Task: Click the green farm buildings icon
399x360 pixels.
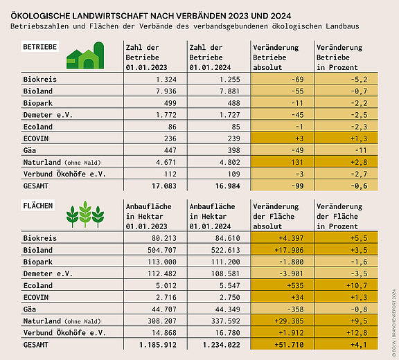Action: pos(85,55)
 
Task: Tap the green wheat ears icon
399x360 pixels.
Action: pos(85,215)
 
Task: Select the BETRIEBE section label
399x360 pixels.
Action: pos(40,47)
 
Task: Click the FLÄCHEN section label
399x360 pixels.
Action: pos(38,206)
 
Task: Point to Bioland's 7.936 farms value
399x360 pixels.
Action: pos(166,91)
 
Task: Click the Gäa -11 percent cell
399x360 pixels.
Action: pos(362,150)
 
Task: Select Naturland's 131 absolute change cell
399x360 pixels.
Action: pos(297,162)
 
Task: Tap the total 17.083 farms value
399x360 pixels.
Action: pos(164,186)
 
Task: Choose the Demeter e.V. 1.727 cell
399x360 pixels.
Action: pos(230,115)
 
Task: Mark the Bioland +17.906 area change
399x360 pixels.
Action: pos(289,250)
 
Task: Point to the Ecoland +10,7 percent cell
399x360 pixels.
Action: pos(357,285)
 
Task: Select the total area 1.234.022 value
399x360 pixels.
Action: pos(222,345)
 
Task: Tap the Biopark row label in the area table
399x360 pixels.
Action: pos(38,262)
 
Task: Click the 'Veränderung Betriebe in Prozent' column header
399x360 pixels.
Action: pos(339,57)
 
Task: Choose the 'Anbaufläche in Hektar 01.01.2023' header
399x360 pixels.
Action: pos(149,217)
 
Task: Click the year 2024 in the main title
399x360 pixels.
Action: pos(281,16)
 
